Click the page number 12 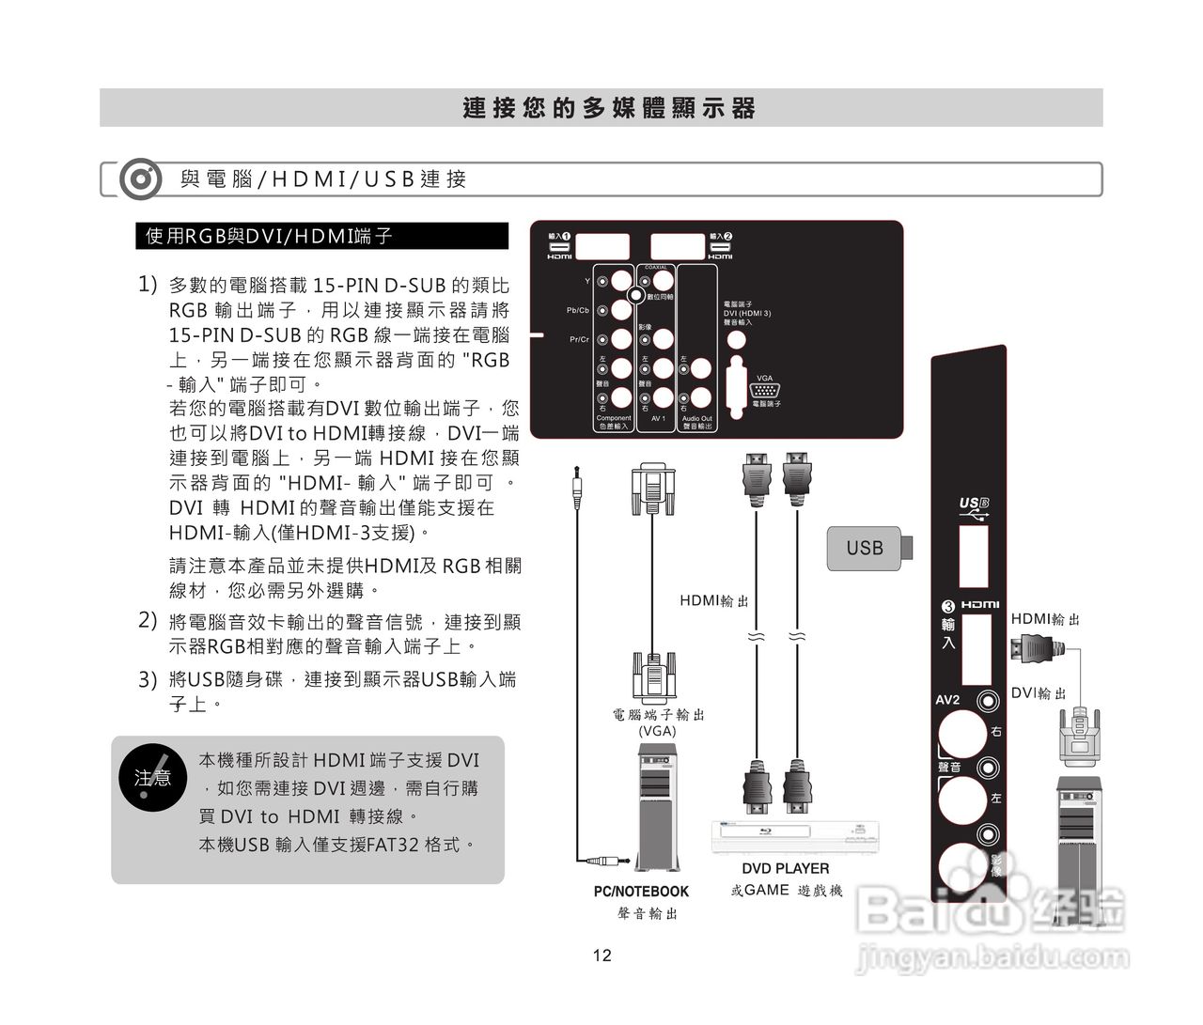pyautogui.click(x=601, y=955)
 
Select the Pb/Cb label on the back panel pyautogui.click(x=577, y=310)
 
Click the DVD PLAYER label pyautogui.click(x=785, y=869)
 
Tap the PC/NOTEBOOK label pyautogui.click(x=641, y=891)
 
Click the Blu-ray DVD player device pyautogui.click(x=796, y=836)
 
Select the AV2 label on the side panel pyautogui.click(x=947, y=700)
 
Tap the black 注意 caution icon pyautogui.click(x=152, y=777)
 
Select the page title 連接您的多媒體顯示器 pyautogui.click(x=609, y=108)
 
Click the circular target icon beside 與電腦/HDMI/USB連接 pyautogui.click(x=140, y=179)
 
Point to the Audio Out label pyautogui.click(x=696, y=418)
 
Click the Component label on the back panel pyautogui.click(x=614, y=418)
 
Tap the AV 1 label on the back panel pyautogui.click(x=658, y=419)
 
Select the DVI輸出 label pyautogui.click(x=1039, y=693)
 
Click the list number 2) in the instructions pyautogui.click(x=148, y=620)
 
